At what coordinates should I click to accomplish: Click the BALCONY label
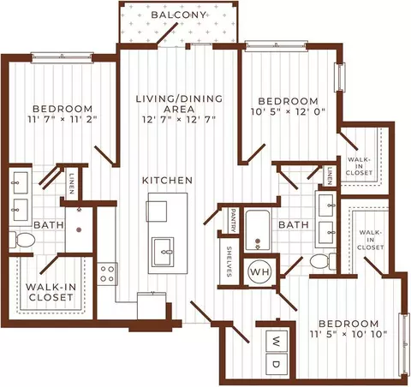pos(178,15)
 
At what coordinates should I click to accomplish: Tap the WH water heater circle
pos(260,271)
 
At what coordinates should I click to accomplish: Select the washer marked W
pos(277,341)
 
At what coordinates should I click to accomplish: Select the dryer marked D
pos(277,364)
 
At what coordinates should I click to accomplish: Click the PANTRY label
pos(234,220)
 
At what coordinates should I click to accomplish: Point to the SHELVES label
pos(229,262)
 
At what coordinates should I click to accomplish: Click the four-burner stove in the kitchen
pos(107,274)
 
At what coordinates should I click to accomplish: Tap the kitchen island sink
pos(163,252)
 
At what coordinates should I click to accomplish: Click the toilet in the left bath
pos(22,240)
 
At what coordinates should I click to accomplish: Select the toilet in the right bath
pos(324,261)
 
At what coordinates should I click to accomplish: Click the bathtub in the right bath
pos(258,230)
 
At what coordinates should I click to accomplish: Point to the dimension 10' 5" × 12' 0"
pos(289,111)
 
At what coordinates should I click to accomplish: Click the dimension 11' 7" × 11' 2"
pos(63,119)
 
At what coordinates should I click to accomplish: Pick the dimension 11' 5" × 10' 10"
pos(348,334)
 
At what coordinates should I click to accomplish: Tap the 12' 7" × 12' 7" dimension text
pos(179,119)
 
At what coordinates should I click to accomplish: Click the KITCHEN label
pos(167,181)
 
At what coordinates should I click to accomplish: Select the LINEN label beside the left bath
pos(71,184)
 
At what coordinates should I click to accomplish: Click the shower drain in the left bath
pos(79,229)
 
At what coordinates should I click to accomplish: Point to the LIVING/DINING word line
pos(179,98)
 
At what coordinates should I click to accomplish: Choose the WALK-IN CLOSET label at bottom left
pos(51,292)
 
